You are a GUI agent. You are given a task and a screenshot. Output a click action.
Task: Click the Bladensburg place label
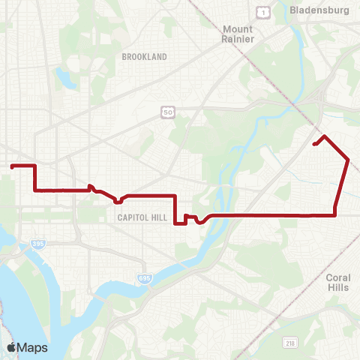point(321,12)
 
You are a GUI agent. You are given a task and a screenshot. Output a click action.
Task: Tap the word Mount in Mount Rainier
point(238,29)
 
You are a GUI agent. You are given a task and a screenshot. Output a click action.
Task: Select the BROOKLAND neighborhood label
point(144,56)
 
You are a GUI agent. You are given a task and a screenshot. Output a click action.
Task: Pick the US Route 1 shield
point(262,13)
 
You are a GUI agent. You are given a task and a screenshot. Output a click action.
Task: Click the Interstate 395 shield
point(39,244)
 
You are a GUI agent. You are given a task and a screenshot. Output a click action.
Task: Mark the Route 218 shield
point(289,342)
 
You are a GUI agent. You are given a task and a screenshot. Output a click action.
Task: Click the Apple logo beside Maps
point(11,347)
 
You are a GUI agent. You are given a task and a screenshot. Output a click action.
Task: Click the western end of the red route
point(12,166)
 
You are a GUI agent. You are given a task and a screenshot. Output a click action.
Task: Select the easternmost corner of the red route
point(348,159)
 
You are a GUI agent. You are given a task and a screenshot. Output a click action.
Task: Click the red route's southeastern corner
point(334,215)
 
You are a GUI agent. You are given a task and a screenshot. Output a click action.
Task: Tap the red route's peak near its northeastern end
point(324,136)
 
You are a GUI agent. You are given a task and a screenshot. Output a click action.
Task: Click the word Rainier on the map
point(238,39)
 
